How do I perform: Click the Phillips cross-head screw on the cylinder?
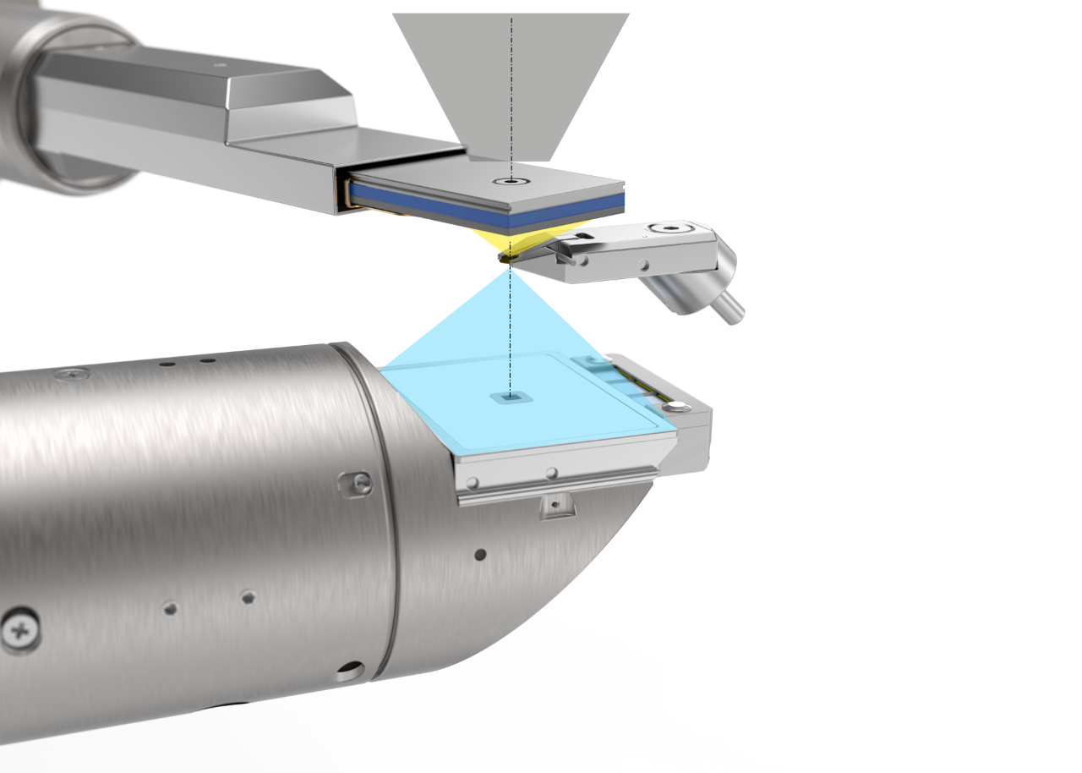pyautogui.click(x=19, y=630)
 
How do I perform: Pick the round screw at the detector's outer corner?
pyautogui.click(x=675, y=408)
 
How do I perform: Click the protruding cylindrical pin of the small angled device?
pyautogui.click(x=731, y=308)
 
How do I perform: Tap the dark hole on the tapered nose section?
pyautogui.click(x=480, y=555)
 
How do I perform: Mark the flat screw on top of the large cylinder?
pyautogui.click(x=74, y=373)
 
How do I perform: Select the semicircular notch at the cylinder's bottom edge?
pyautogui.click(x=349, y=673)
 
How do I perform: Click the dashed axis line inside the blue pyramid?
pyautogui.click(x=510, y=338)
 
